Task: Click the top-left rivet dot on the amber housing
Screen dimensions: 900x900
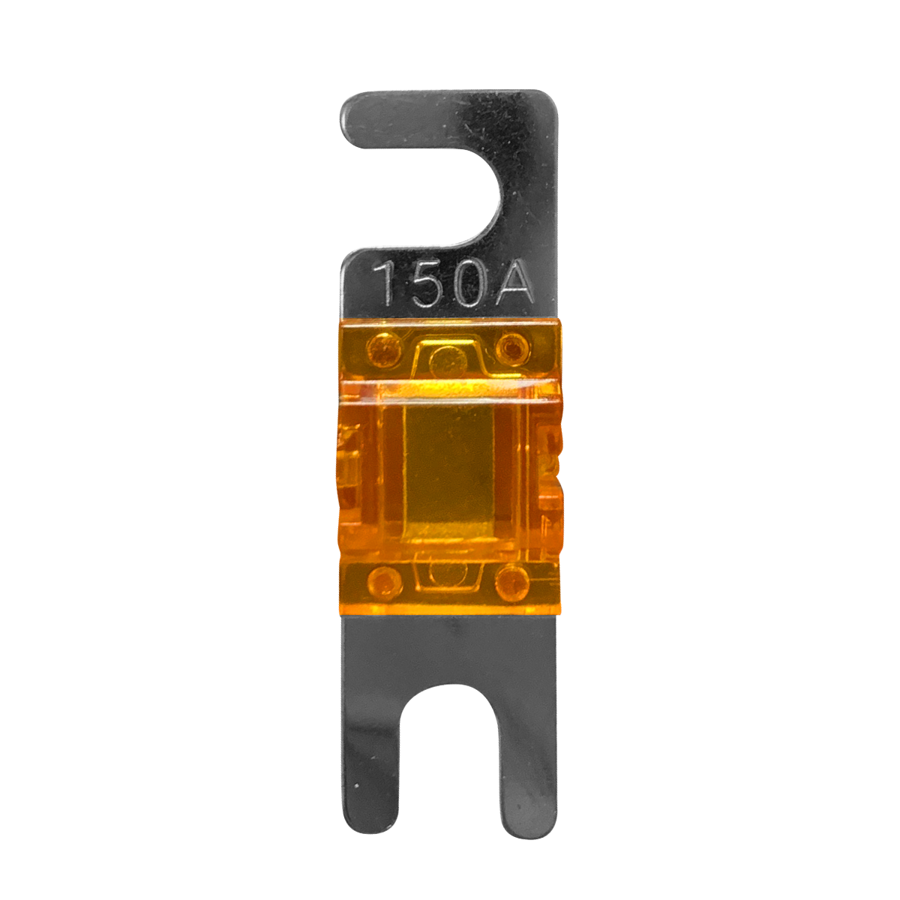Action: (x=385, y=348)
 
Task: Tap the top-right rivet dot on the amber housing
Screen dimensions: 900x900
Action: (x=512, y=348)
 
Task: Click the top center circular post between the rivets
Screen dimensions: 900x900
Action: (x=448, y=362)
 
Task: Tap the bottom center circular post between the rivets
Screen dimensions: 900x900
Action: (x=447, y=571)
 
